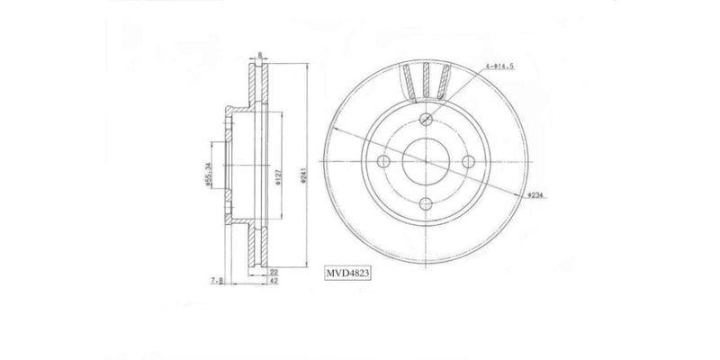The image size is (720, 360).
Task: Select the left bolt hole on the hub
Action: pyautogui.click(x=384, y=162)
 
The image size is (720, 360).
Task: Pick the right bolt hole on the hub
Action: pyautogui.click(x=468, y=162)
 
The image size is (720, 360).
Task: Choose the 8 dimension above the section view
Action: pyautogui.click(x=260, y=55)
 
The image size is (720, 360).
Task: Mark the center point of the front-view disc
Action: pyautogui.click(x=426, y=162)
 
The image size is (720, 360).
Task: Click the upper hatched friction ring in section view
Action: pyautogui.click(x=260, y=89)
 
